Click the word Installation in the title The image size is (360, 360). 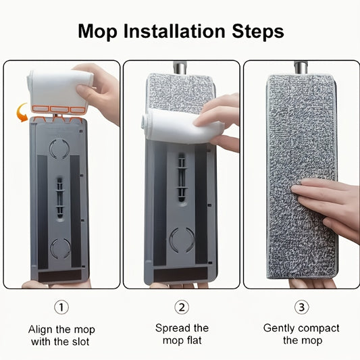coord(174,31)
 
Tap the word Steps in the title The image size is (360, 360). coord(258,32)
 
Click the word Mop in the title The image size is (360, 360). coord(97,32)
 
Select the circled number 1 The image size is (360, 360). coord(61,307)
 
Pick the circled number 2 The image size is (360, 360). coord(182,307)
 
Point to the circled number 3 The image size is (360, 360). coord(302,307)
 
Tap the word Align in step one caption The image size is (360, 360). coord(40,330)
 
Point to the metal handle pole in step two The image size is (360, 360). coord(180,68)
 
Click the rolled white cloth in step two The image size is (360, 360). coord(182,126)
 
